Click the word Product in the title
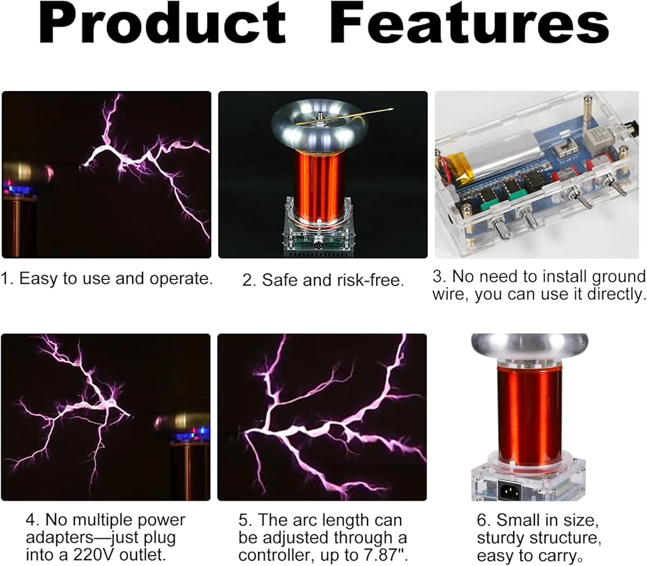162,23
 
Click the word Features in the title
470,23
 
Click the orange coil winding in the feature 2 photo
319,185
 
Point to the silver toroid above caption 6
530,349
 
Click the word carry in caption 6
558,556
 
